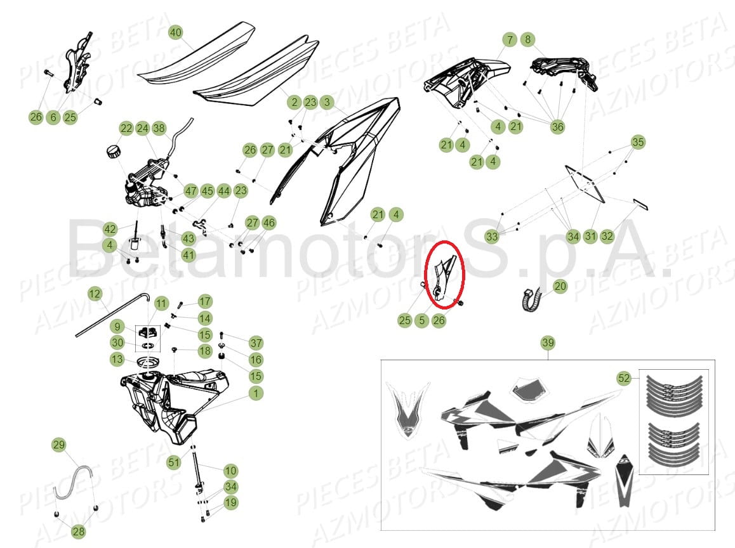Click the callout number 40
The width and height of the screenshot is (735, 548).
175,32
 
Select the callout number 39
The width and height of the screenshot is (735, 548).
548,342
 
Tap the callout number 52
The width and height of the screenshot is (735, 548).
624,377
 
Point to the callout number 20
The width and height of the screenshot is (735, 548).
560,285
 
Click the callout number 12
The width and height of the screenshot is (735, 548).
95,294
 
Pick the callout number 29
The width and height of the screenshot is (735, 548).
58,445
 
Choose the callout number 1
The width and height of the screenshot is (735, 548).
256,393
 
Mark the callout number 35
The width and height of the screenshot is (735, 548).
638,142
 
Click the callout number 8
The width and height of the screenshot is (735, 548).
528,39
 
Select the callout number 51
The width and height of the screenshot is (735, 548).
174,462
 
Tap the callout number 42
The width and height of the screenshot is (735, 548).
110,229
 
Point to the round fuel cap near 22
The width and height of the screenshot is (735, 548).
114,152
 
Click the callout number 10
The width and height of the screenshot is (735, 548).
230,471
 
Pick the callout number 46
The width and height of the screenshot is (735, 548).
269,223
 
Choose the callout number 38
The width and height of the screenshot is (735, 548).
159,128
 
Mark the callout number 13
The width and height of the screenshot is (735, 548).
117,359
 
